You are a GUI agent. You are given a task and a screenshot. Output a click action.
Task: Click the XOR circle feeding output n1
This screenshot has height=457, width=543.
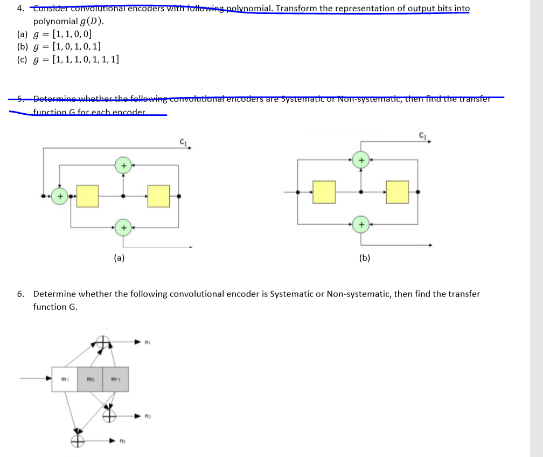click(103, 342)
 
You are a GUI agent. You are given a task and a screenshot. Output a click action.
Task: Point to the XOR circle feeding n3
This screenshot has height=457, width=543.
click(77, 440)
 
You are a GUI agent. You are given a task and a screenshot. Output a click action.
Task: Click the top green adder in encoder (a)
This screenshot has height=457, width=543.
click(123, 165)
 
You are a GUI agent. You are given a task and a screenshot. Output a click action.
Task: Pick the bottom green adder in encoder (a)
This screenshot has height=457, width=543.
click(123, 228)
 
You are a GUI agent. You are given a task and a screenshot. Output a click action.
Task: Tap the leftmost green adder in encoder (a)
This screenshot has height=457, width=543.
click(60, 196)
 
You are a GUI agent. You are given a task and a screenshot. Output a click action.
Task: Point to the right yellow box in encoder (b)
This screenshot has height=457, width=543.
click(397, 191)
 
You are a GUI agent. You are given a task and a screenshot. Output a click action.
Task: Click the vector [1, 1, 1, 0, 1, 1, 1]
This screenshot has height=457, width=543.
click(85, 59)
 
